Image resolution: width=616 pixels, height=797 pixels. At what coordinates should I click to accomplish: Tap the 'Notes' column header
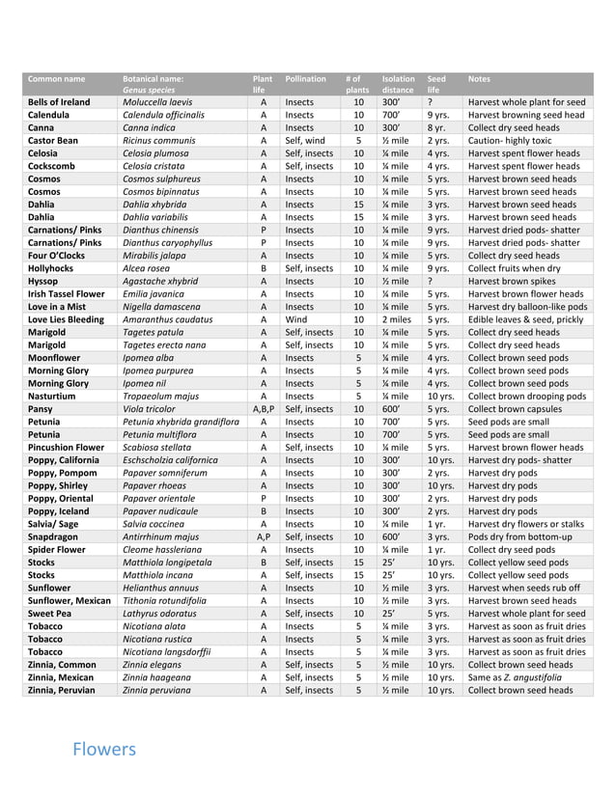[479, 78]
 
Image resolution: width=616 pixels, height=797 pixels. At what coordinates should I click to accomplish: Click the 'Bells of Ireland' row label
[59, 102]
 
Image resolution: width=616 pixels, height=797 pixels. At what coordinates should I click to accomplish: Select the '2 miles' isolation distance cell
[396, 319]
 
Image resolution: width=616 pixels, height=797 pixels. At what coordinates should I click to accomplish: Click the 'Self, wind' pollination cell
[305, 141]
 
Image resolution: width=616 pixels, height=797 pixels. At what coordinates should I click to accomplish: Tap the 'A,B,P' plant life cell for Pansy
[263, 409]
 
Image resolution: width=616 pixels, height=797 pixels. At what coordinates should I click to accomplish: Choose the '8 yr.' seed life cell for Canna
[436, 127]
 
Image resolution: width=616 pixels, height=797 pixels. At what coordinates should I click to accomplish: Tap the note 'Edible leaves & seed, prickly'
[525, 319]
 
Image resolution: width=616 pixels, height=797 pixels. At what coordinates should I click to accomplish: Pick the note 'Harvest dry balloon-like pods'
[526, 307]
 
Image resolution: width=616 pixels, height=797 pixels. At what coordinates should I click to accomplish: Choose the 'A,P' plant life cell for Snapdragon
[263, 536]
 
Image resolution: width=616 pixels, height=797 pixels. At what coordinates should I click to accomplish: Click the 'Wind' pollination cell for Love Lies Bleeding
[296, 319]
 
